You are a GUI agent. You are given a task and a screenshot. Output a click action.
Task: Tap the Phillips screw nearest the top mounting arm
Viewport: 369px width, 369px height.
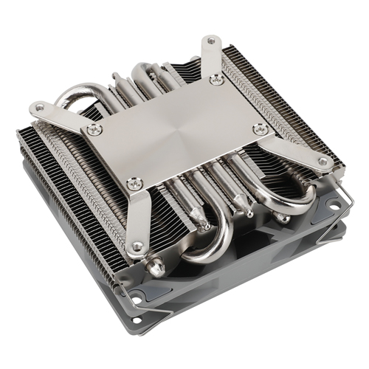point(216,80)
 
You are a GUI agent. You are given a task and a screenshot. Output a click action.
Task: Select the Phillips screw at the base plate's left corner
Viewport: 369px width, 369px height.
point(93,129)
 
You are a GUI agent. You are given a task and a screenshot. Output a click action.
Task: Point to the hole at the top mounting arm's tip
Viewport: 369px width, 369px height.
point(211,42)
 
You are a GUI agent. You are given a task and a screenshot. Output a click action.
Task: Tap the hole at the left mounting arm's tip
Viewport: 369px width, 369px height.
point(38,109)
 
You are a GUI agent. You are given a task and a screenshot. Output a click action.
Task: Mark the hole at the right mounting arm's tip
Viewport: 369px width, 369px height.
point(323,161)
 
